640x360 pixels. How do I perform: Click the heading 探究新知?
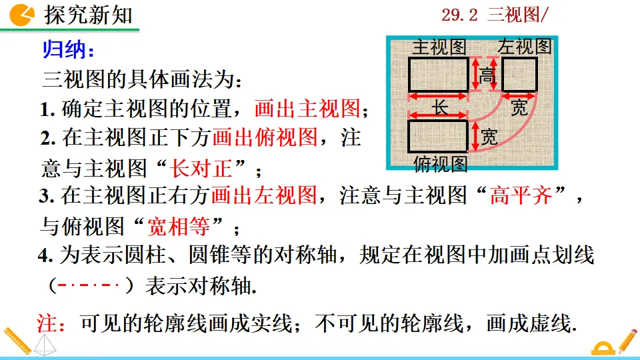pos(89,15)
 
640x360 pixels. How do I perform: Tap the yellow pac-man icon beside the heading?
pos(24,14)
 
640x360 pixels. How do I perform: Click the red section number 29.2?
pos(460,15)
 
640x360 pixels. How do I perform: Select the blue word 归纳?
pos(68,50)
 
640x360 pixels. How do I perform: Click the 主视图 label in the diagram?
pos(438,47)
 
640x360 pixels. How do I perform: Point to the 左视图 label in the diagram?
pos(525,47)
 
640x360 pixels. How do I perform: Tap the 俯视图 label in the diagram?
pos(440,163)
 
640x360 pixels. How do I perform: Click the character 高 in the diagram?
pos(487,76)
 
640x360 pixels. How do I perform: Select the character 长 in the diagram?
pos(441,107)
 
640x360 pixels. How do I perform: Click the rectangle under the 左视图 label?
pos(520,74)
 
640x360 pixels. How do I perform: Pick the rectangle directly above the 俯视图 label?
pos(438,136)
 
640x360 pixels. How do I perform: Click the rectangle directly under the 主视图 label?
pos(438,74)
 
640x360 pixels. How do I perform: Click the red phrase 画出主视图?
pos(307,108)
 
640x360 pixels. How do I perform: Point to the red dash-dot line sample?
pos(89,287)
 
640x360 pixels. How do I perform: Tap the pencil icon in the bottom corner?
pos(627,341)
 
